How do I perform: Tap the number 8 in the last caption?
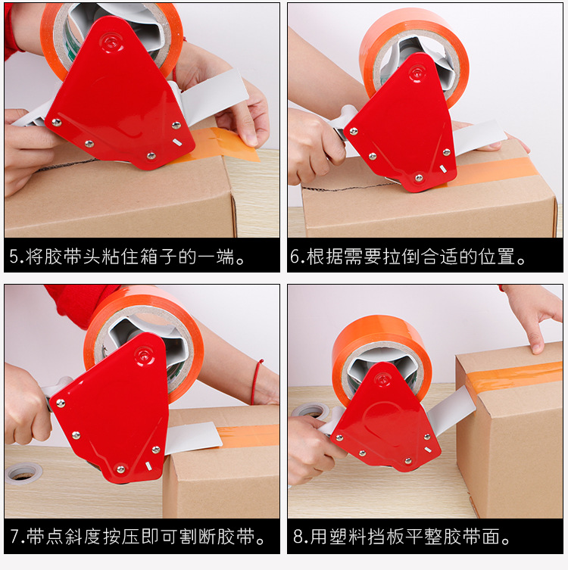click(299, 538)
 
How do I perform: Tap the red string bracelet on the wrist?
click(257, 382)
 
